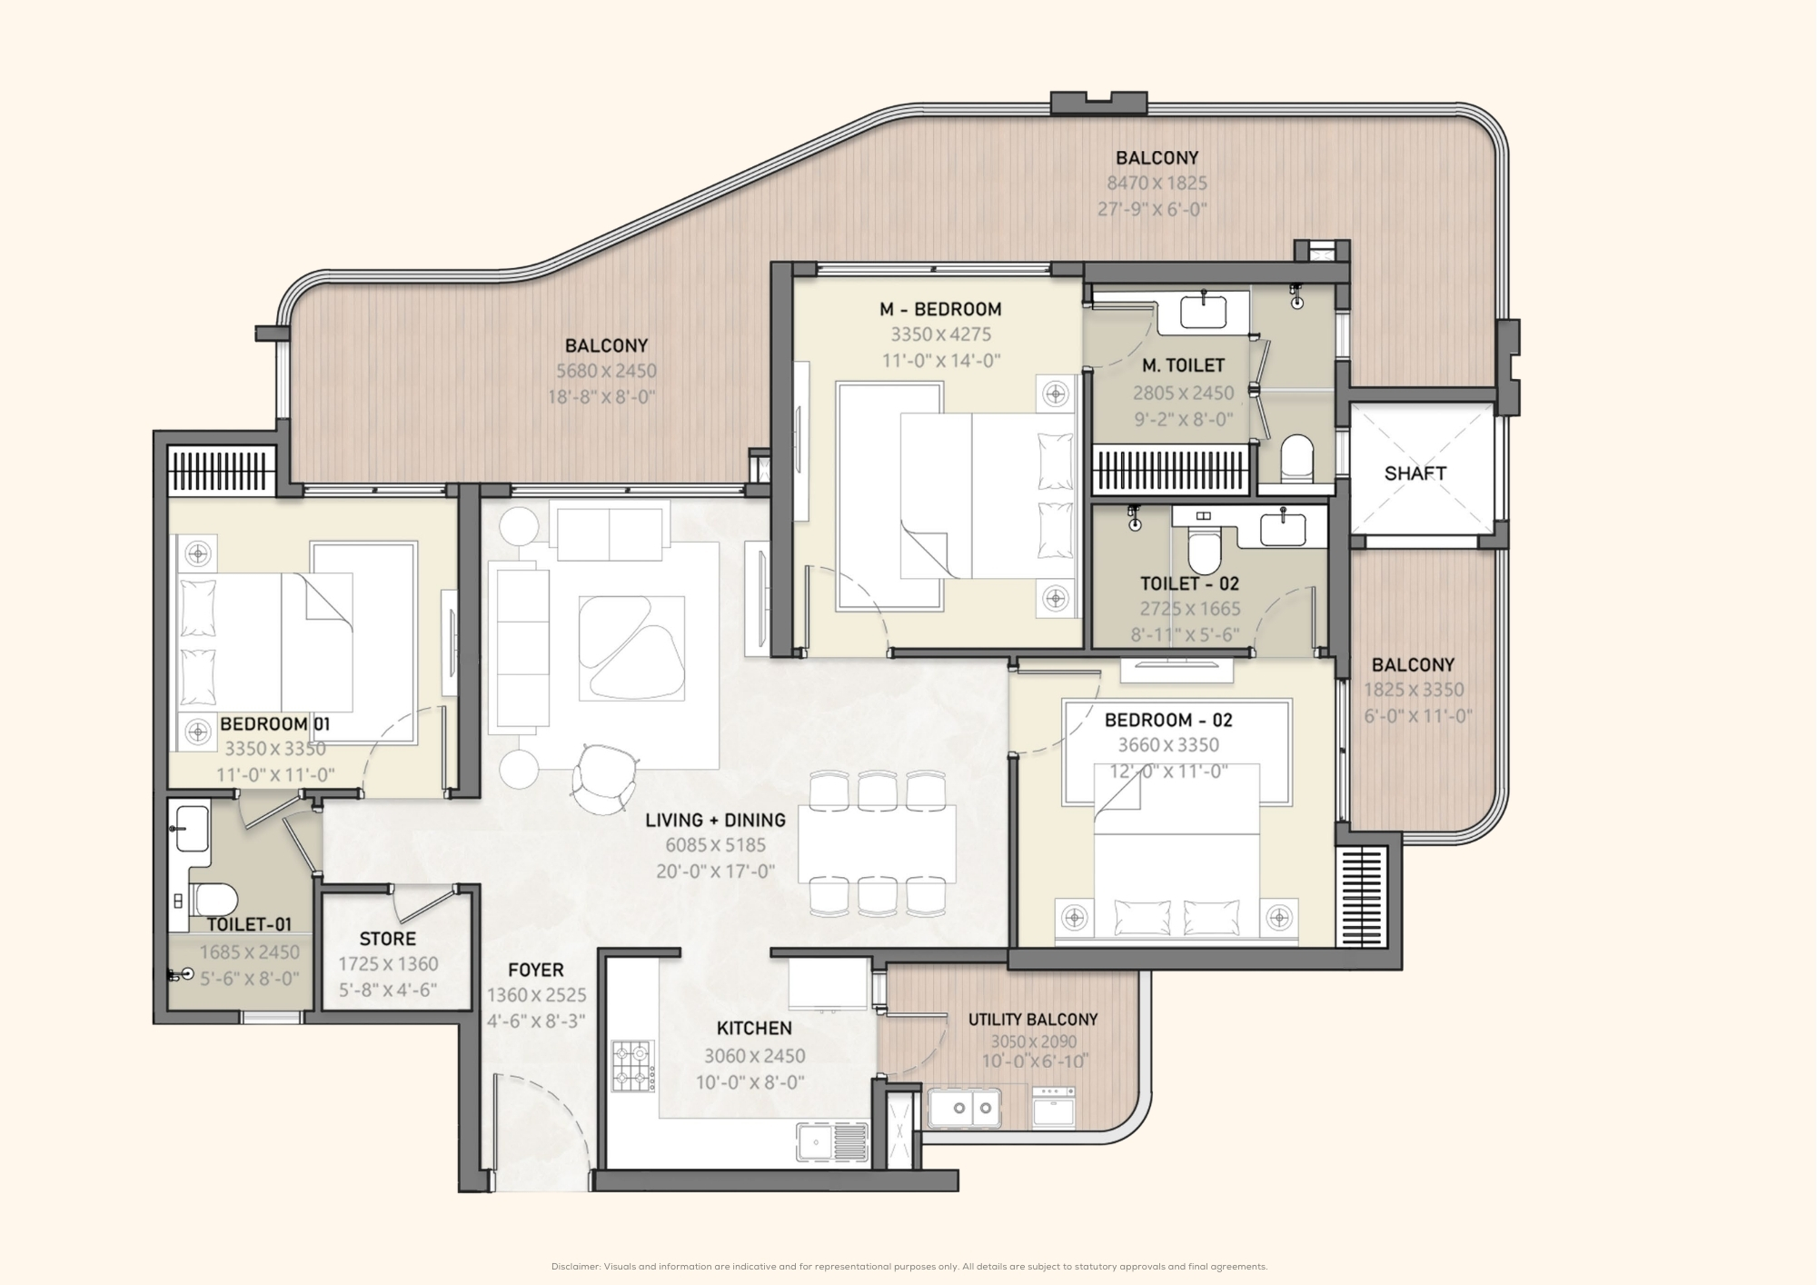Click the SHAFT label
tap(1415, 473)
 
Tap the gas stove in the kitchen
tap(632, 1067)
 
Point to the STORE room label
tap(387, 939)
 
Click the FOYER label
tap(536, 970)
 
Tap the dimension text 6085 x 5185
tap(716, 845)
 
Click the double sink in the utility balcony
tap(964, 1108)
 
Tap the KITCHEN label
tap(754, 1028)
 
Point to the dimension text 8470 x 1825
tap(1157, 183)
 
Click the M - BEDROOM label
tap(940, 309)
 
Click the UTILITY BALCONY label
tap(1033, 1020)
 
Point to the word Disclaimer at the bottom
tap(575, 1267)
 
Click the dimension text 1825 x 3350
tap(1413, 690)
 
